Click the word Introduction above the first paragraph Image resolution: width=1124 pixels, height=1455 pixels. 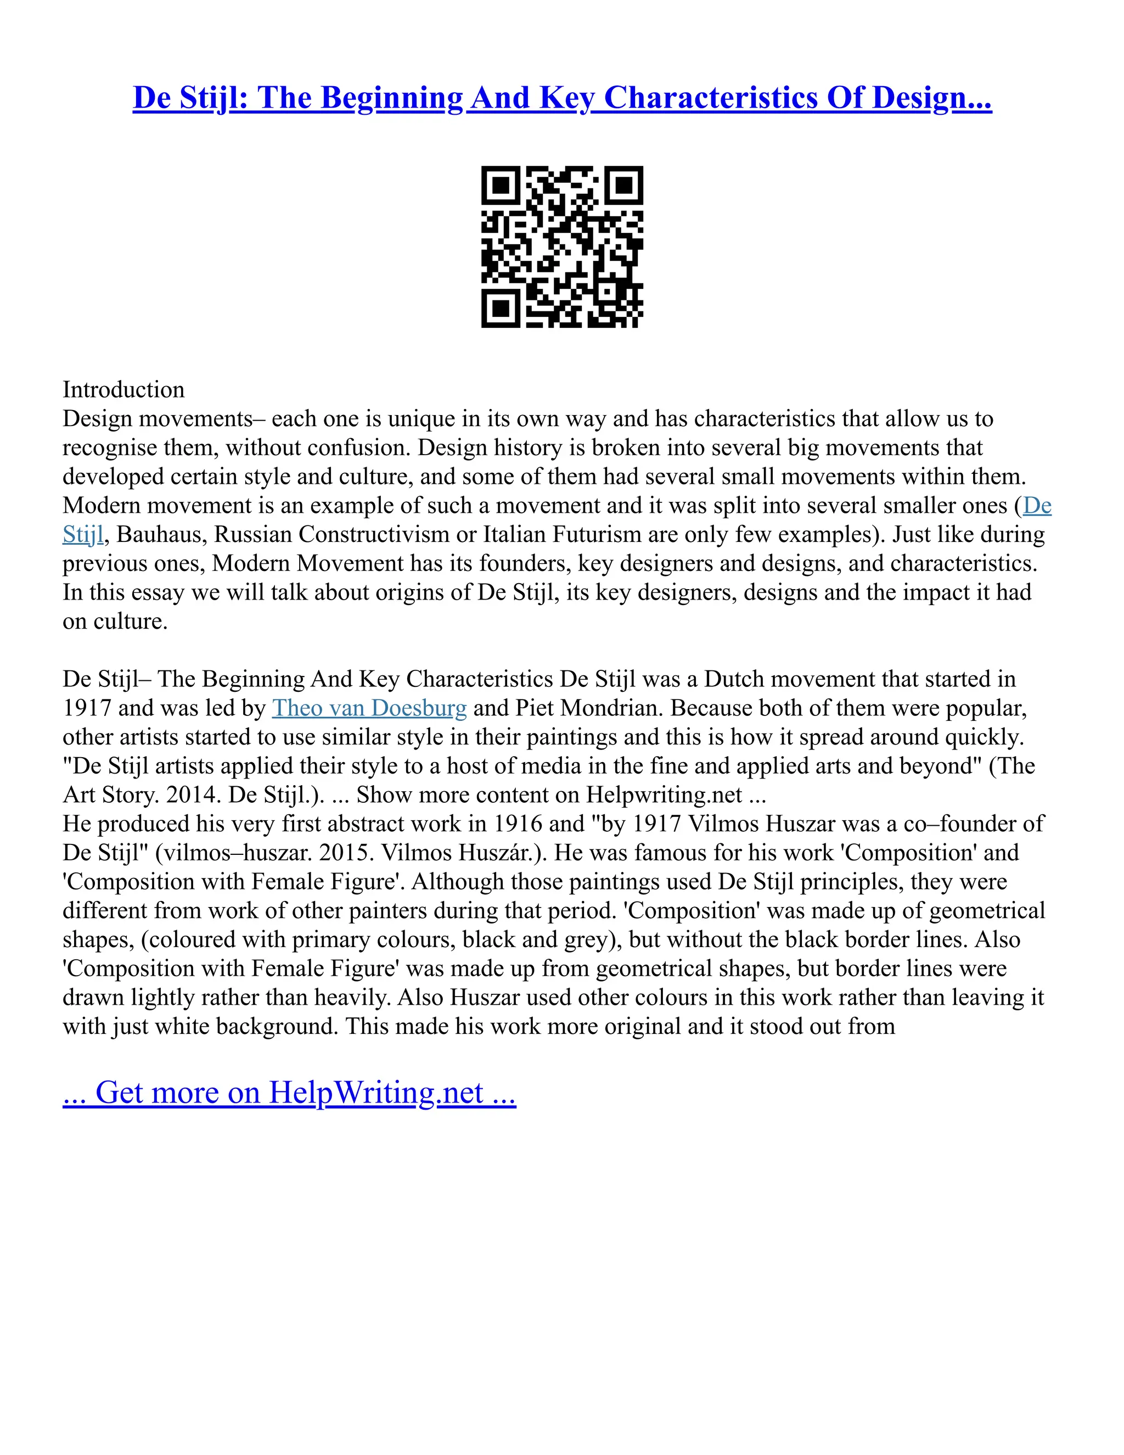123,390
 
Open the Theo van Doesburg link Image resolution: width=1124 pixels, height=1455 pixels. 369,708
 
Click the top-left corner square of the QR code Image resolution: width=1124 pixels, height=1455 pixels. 500,185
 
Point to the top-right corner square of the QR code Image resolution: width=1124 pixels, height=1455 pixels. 624,185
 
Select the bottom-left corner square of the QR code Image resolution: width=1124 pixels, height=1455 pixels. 500,309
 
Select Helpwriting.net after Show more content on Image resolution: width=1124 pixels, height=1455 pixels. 664,796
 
